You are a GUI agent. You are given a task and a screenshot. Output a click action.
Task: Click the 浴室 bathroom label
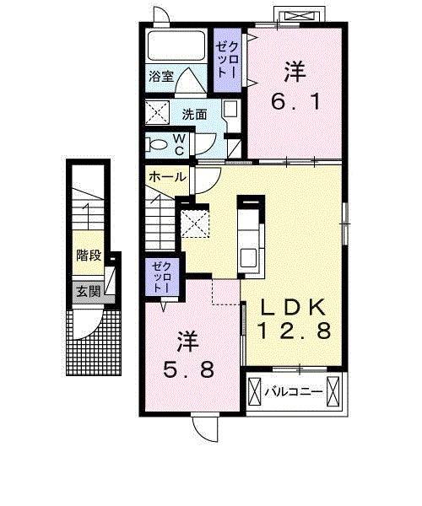tap(162, 75)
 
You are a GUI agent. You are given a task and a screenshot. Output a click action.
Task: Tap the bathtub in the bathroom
tap(176, 46)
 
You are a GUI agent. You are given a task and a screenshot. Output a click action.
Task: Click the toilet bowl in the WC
tap(158, 144)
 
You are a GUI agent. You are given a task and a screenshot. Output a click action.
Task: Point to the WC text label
tap(180, 144)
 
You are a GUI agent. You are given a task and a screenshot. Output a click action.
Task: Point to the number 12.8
tap(293, 331)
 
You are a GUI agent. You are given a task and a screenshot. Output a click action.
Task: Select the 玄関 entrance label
tap(86, 293)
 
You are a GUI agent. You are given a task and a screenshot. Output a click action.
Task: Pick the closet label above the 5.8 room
tap(161, 277)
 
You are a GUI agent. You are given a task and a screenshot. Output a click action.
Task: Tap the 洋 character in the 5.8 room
tap(187, 342)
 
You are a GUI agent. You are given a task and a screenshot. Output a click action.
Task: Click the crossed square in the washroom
tap(157, 112)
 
